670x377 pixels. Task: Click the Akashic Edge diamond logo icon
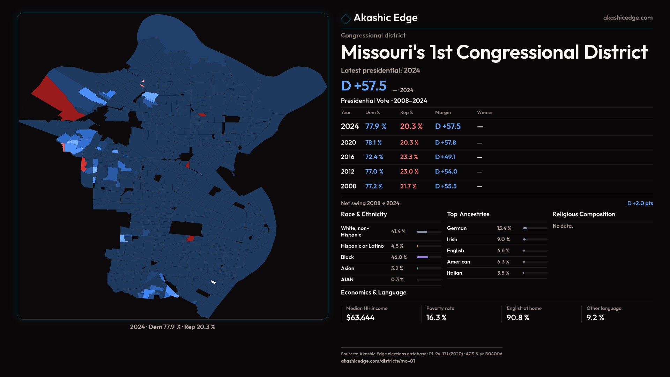345,19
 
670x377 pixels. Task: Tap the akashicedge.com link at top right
627,18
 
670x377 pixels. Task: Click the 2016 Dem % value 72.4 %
374,157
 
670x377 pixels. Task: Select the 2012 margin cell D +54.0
446,172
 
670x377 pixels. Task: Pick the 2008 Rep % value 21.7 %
408,186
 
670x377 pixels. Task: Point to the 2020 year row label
348,143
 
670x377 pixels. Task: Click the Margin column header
443,112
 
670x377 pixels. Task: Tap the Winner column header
485,112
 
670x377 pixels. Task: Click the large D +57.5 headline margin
364,86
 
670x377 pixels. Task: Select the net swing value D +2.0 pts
640,203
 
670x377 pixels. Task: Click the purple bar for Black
422,257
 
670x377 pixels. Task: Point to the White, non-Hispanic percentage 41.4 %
398,231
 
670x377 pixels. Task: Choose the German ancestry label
456,228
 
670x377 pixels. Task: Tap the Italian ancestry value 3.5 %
503,273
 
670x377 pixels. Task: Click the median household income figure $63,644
360,318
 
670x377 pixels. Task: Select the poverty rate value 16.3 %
436,318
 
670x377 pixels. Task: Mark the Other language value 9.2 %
595,318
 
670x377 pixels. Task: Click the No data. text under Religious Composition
563,226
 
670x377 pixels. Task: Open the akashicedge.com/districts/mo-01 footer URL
378,361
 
